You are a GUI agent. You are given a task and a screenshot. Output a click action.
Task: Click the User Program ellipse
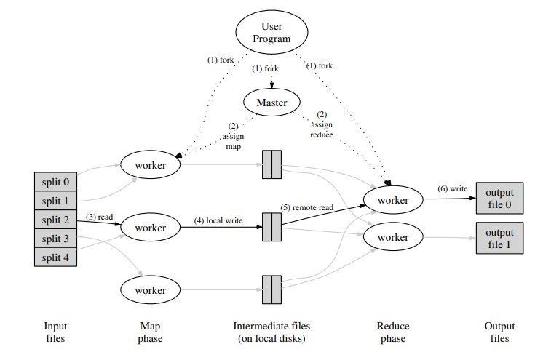click(272, 33)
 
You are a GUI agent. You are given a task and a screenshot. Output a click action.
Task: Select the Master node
click(271, 103)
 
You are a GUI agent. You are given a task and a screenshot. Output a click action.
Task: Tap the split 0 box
click(55, 181)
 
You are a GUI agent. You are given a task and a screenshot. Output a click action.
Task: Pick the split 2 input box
click(55, 220)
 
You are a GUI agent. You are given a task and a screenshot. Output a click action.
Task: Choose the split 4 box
click(55, 257)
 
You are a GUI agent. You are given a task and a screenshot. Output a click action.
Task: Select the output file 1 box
click(499, 238)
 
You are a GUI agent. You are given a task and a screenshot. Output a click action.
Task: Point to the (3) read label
click(100, 217)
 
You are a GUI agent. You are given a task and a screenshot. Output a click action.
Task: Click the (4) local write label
click(218, 220)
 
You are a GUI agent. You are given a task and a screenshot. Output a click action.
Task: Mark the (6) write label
click(452, 188)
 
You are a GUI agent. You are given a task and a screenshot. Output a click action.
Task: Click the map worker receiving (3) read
click(150, 228)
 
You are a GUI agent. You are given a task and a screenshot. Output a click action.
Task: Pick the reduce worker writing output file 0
click(392, 199)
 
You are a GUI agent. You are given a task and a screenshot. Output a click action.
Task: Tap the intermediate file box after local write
click(271, 228)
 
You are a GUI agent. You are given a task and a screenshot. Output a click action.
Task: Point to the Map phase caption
click(150, 332)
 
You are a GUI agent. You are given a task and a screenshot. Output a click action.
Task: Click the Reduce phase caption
click(392, 332)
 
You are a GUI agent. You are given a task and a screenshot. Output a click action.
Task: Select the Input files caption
click(55, 332)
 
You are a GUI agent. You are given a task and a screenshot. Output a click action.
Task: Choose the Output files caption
click(499, 332)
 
